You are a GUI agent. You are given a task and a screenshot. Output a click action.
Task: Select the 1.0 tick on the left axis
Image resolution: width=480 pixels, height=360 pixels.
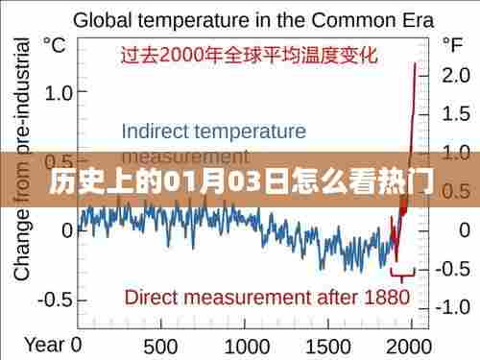[x=59, y=93]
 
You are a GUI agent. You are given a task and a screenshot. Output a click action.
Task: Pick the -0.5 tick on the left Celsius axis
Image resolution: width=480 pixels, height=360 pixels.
[x=55, y=300]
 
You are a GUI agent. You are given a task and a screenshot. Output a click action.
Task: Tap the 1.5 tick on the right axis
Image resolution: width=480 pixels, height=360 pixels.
[x=453, y=114]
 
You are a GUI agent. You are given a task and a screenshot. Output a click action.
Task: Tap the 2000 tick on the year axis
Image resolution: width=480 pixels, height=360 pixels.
[x=413, y=345]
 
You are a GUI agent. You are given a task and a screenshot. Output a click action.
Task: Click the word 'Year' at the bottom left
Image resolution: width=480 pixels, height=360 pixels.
[x=44, y=344]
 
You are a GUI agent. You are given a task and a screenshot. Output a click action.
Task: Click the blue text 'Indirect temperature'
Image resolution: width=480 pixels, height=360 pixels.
[x=214, y=131]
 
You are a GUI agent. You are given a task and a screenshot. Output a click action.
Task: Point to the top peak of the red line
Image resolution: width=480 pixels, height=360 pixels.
[x=415, y=63]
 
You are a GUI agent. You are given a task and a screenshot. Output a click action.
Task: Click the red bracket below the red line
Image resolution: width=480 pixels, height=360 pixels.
[x=403, y=271]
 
